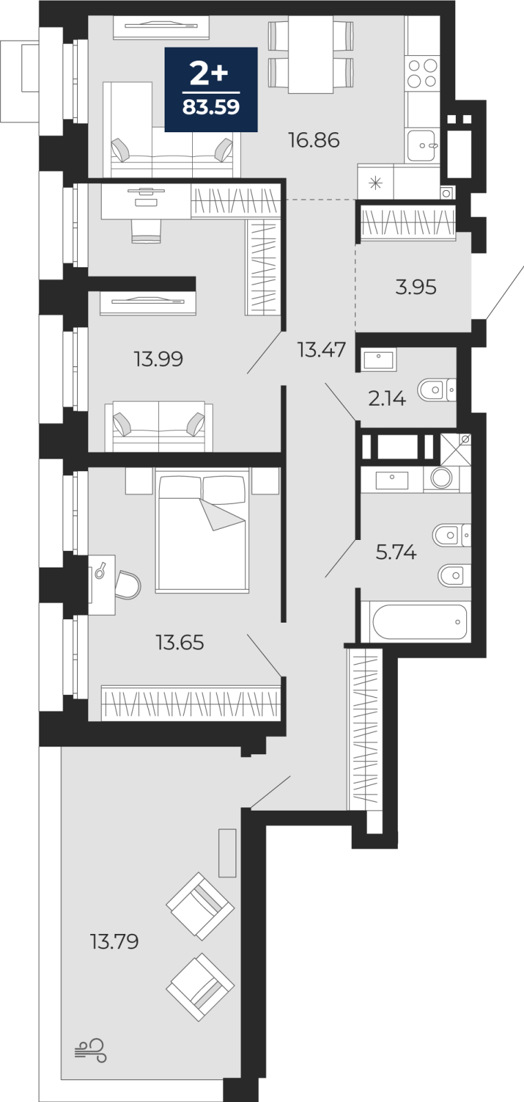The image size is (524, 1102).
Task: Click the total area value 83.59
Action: pos(211,107)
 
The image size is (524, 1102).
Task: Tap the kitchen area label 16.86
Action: pos(314,141)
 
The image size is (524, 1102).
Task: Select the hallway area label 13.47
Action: pos(322,350)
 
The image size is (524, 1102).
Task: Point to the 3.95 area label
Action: pos(416,287)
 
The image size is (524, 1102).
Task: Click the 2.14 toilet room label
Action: pos(387,398)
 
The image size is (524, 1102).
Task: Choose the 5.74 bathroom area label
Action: pos(396,552)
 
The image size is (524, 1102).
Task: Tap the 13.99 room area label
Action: pos(158,359)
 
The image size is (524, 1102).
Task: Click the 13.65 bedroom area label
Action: pos(180,642)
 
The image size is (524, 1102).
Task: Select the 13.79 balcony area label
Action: pos(114,941)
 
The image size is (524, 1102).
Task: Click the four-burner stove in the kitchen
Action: pos(422,73)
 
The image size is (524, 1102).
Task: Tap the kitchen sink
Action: pos(421,145)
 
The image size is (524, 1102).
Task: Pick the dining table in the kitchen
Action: pos(311,54)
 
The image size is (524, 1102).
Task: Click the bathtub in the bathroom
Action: pos(419,622)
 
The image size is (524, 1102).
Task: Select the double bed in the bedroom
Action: pos(202,530)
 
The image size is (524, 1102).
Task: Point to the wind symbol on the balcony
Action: pos(90,1050)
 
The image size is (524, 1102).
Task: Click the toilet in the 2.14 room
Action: pos(437,390)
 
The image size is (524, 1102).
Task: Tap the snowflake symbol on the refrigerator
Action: pos(376,183)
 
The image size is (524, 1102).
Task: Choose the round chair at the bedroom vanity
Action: pos(128,585)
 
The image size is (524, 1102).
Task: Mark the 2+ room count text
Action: pos(209,73)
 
